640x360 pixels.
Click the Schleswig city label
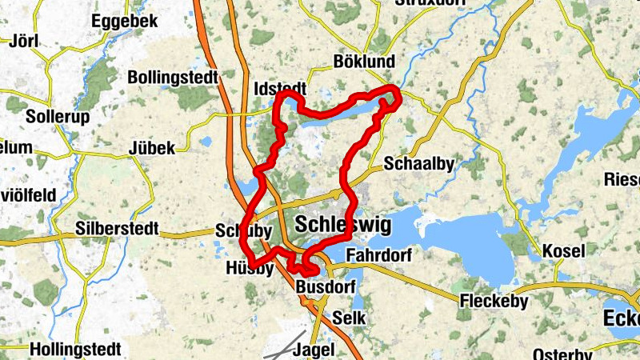(343, 225)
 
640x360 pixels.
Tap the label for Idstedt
(278, 88)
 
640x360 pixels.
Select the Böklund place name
(364, 62)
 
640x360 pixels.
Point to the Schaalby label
(419, 163)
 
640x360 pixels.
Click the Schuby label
(239, 230)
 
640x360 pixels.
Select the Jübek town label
(150, 149)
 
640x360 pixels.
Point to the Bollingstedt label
(174, 78)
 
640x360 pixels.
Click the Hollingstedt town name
(76, 350)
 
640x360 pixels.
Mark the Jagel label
(314, 350)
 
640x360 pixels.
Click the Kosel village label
(563, 251)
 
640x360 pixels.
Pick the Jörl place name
(22, 41)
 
